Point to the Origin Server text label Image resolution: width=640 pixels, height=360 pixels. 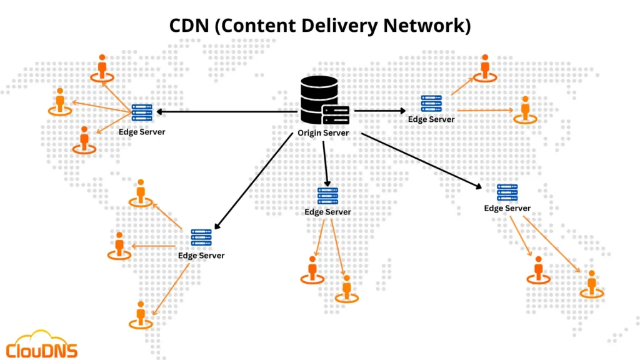pyautogui.click(x=322, y=132)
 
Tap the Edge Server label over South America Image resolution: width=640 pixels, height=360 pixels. pyautogui.click(x=201, y=256)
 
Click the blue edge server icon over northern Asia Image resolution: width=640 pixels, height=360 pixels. pyautogui.click(x=431, y=104)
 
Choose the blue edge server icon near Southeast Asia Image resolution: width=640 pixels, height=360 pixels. pyautogui.click(x=507, y=192)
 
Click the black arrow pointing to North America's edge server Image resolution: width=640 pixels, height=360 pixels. pyautogui.click(x=225, y=112)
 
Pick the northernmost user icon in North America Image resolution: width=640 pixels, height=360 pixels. pyautogui.click(x=102, y=67)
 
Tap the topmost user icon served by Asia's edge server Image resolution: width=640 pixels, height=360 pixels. pyautogui.click(x=484, y=67)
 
